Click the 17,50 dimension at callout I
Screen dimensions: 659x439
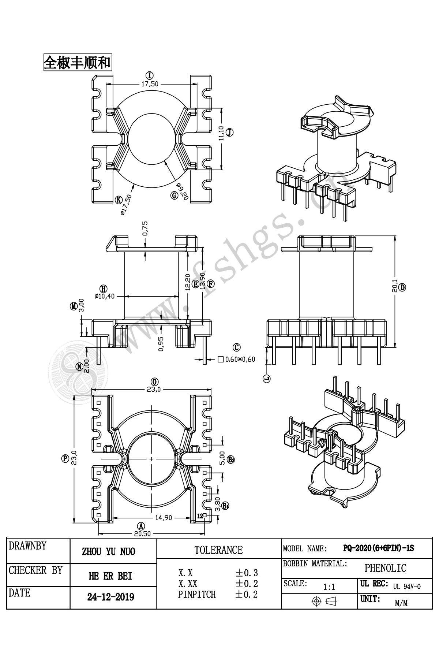tap(150, 84)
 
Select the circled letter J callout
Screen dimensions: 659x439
tap(229, 133)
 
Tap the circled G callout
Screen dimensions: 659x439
tap(174, 195)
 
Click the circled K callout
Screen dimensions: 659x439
tap(119, 200)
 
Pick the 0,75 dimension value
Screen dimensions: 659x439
tap(145, 228)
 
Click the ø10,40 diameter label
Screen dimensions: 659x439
tap(104, 296)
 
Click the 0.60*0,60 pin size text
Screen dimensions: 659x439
tap(240, 360)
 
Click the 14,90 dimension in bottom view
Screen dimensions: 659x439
tap(164, 518)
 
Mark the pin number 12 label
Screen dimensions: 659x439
tap(200, 516)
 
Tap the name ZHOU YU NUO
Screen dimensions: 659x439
tap(109, 551)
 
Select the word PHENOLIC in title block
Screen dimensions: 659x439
tap(385, 568)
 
